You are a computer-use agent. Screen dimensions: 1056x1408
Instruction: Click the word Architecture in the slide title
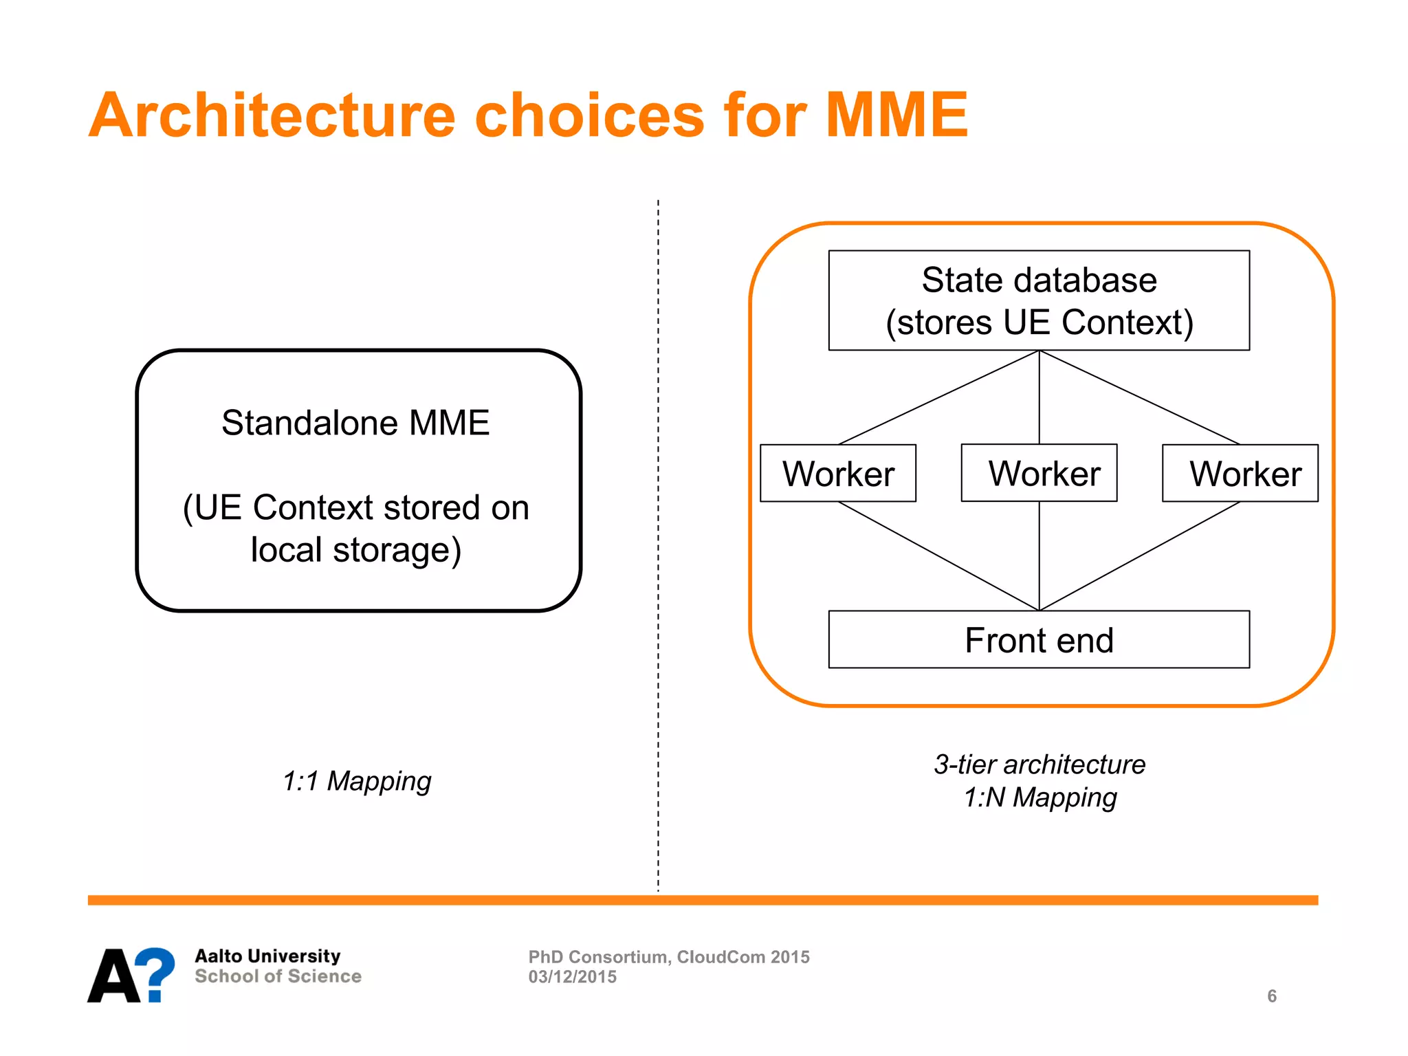[272, 115]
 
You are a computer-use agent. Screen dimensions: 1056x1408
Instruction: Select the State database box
[1038, 300]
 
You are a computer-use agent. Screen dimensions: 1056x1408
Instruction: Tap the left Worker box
[837, 474]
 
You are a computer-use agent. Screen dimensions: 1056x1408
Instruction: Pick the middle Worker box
[1039, 473]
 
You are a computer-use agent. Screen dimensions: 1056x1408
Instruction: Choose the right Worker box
[1240, 474]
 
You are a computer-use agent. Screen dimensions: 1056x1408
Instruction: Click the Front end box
[1038, 639]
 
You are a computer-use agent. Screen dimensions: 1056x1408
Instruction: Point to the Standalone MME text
[355, 423]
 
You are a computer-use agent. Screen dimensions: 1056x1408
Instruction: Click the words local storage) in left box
[355, 550]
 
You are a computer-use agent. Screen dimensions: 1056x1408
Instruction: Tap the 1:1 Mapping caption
[356, 781]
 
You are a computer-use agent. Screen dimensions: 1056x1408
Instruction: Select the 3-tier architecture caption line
[1039, 764]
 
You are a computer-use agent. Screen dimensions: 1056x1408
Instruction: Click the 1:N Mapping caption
[1039, 797]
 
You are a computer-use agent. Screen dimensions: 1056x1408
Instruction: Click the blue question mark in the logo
[157, 972]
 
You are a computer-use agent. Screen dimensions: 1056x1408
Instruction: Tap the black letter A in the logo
[114, 976]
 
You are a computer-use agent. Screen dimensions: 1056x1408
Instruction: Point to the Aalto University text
[267, 956]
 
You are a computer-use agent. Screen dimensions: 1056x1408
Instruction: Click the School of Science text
[278, 976]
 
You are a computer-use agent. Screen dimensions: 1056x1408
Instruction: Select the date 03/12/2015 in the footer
[572, 977]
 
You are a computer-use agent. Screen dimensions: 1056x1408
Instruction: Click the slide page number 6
[1271, 996]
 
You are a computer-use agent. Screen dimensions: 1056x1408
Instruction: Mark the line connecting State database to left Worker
[938, 397]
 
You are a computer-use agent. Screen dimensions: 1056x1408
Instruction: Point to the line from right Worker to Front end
[1139, 555]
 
